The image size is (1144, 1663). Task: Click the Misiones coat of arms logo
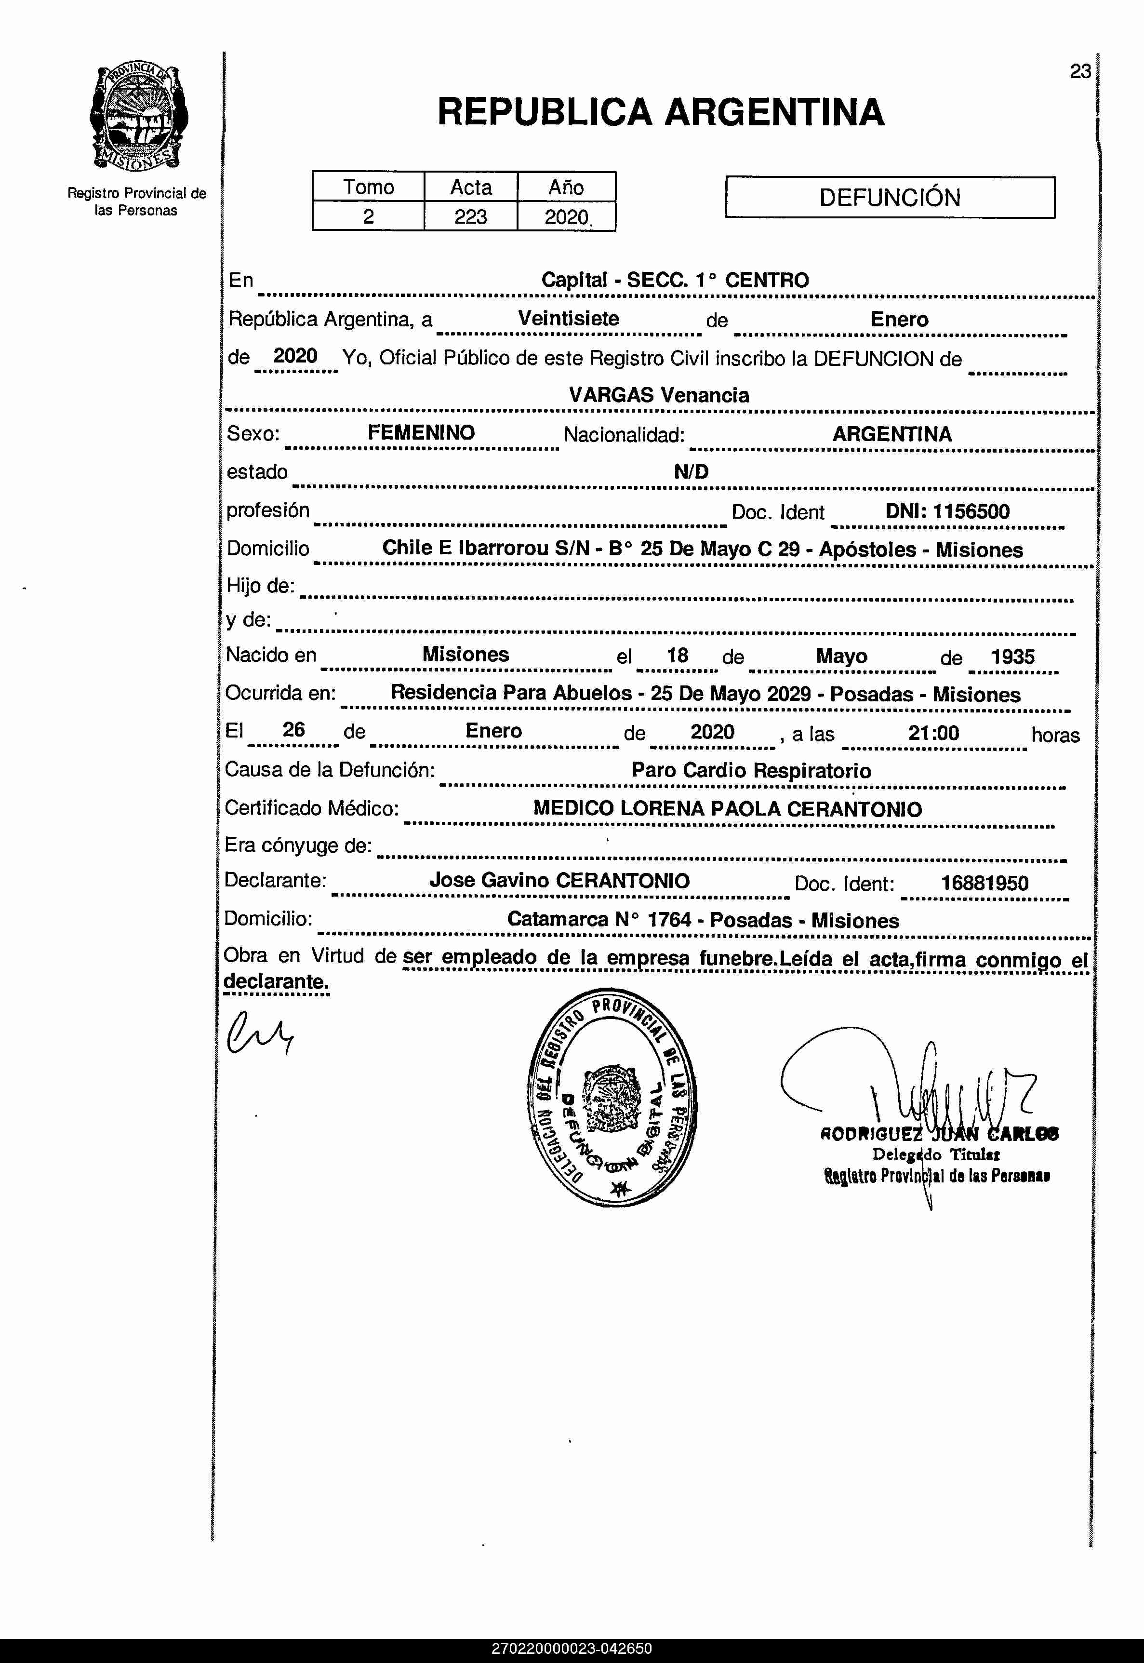(x=138, y=118)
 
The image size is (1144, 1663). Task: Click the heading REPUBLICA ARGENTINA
(x=660, y=112)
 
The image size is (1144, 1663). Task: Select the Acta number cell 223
(x=470, y=216)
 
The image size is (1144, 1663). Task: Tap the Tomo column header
(x=369, y=187)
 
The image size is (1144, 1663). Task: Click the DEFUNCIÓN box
(x=890, y=197)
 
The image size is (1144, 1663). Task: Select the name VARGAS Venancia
(x=659, y=395)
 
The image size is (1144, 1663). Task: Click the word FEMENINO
(x=422, y=432)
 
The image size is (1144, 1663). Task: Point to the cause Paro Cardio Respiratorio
(x=751, y=771)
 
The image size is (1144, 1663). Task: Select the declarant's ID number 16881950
(x=984, y=883)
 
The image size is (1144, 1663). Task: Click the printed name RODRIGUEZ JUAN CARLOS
(x=939, y=1134)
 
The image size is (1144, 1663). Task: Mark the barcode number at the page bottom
(x=572, y=1649)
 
